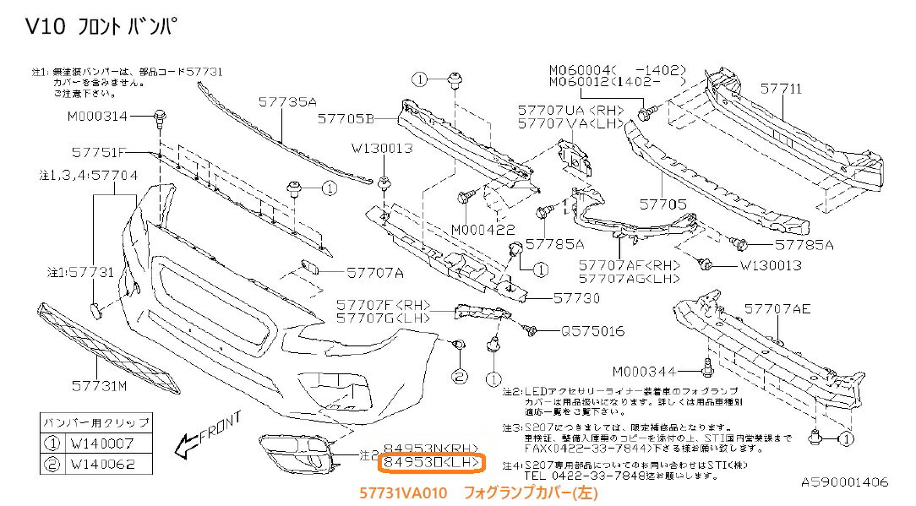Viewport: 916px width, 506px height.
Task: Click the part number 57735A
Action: (x=287, y=102)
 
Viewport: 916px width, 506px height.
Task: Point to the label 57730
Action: (x=576, y=297)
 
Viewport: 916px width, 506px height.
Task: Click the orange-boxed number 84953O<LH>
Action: (x=432, y=463)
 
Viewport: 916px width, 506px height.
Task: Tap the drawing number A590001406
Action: (x=844, y=482)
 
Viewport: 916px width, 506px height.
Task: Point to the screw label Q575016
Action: (x=592, y=331)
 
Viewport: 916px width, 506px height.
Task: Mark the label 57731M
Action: (x=98, y=385)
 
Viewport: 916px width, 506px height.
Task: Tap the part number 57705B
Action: (x=346, y=118)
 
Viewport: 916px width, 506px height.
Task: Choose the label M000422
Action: (x=483, y=229)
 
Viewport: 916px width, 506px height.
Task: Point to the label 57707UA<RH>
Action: (x=559, y=111)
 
